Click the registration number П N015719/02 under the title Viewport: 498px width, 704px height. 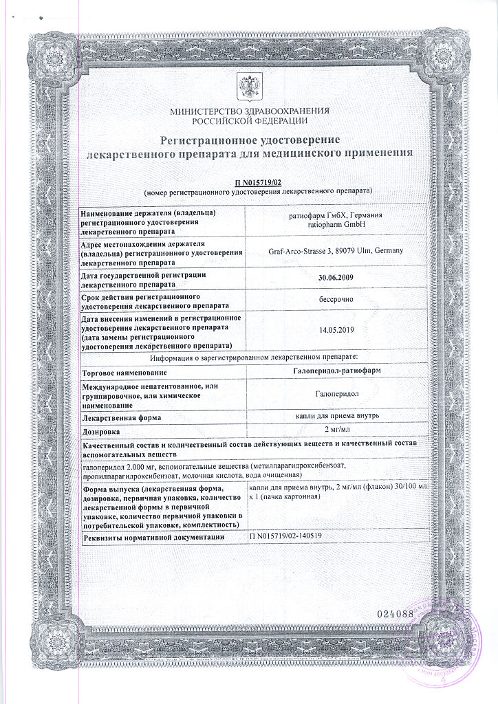tap(258, 181)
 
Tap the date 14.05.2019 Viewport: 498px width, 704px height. tap(336, 330)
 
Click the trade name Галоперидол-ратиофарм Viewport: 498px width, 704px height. tap(336, 371)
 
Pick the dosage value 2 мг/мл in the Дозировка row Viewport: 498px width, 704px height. tap(336, 431)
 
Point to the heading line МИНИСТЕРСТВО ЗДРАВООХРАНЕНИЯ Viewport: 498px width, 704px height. tap(248, 110)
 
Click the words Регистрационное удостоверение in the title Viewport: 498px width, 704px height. tap(248, 140)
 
